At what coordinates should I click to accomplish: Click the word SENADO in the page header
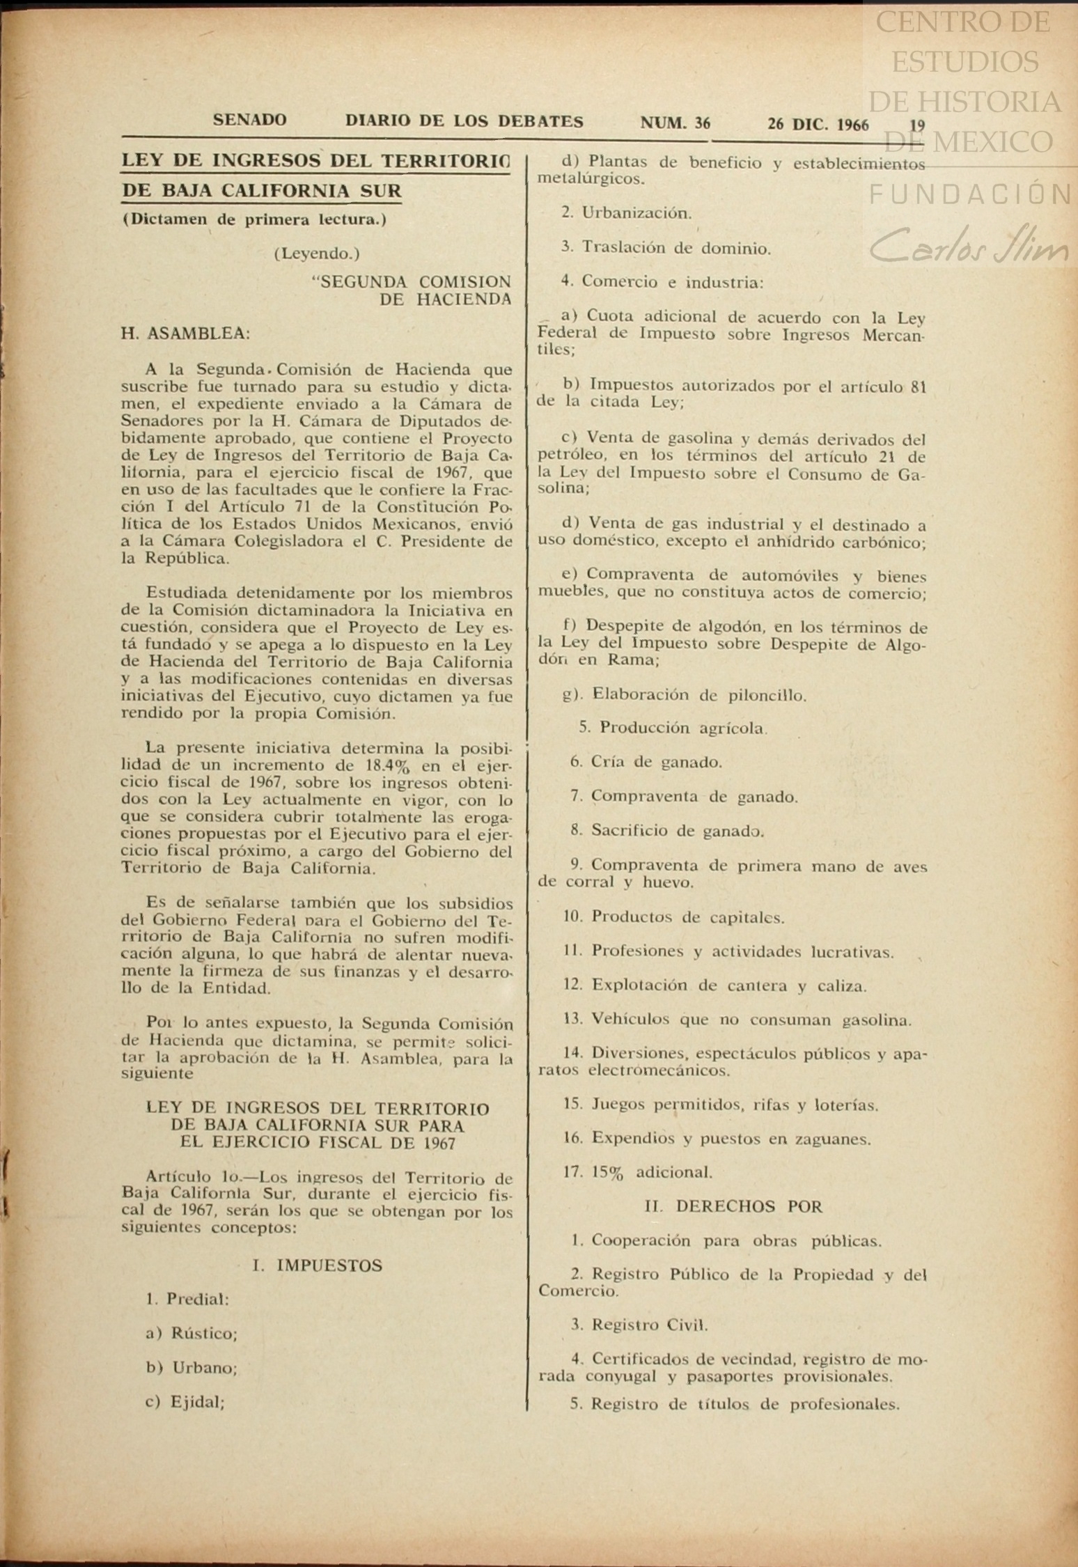coord(249,120)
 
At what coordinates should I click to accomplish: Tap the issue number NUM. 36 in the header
coord(675,123)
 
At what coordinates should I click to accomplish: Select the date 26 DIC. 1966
coord(818,125)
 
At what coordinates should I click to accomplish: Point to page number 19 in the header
coord(917,125)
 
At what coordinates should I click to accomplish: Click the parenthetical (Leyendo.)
coord(317,254)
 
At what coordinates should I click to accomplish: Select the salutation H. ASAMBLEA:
coord(185,334)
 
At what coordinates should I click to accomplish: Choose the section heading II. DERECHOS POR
coord(733,1206)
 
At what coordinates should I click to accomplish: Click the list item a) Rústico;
coord(192,1334)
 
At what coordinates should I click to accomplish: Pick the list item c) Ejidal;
coord(185,1402)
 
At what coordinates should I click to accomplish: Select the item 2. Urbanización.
coord(627,213)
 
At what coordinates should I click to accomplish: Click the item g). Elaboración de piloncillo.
coord(685,695)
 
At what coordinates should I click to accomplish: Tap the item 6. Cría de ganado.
coord(646,763)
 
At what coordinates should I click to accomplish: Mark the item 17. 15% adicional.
coord(638,1172)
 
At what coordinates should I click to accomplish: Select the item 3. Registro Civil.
coord(639,1325)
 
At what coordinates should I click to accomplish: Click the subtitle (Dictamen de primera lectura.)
coord(254,220)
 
